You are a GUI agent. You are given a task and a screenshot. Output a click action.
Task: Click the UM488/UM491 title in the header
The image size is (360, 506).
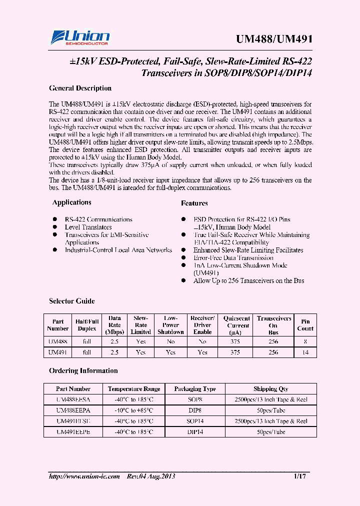(x=273, y=39)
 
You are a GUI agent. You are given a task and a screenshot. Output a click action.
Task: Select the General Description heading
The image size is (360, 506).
(x=80, y=88)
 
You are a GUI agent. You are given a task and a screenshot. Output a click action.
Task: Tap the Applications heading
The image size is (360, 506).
(x=72, y=202)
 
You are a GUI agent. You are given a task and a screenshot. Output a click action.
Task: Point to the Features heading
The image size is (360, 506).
(x=194, y=203)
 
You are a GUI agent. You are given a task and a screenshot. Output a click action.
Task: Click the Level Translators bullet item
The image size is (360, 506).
(x=88, y=227)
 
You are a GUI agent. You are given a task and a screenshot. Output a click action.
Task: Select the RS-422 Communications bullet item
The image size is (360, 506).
(x=98, y=219)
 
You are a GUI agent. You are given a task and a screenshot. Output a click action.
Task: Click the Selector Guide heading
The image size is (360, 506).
(x=72, y=301)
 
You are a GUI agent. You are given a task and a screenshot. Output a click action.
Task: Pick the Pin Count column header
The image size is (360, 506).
(x=305, y=325)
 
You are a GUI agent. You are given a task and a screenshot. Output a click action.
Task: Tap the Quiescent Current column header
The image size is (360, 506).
(x=236, y=325)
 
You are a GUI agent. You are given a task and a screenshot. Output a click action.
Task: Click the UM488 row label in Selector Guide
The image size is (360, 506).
(x=58, y=341)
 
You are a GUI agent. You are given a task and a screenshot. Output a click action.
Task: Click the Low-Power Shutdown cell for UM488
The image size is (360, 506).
(x=170, y=341)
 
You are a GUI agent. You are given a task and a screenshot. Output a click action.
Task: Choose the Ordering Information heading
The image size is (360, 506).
(x=83, y=371)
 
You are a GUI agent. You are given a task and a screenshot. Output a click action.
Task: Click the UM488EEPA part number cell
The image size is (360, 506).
(x=73, y=410)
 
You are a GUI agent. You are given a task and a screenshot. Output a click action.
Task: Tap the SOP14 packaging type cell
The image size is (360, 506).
(x=195, y=421)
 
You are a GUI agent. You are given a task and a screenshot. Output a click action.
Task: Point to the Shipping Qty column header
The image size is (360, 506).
(x=270, y=389)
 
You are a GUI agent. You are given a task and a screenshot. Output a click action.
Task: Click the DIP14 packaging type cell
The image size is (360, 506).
(x=195, y=432)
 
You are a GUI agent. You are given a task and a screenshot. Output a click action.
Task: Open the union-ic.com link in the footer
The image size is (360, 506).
(x=84, y=476)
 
